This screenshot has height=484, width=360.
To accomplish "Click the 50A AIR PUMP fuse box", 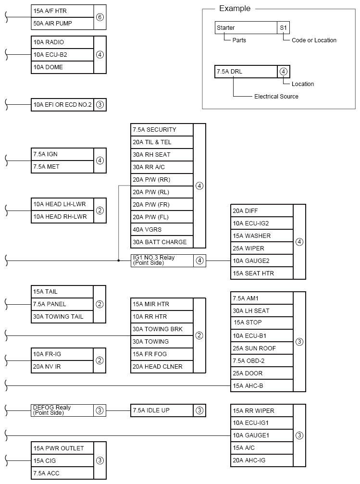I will [62, 23].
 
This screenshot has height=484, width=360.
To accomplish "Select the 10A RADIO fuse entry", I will [62, 42].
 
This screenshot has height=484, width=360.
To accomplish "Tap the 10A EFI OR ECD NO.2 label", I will [62, 104].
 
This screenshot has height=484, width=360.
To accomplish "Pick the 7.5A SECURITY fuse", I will [162, 130].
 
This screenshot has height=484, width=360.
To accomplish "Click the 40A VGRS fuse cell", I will [162, 230].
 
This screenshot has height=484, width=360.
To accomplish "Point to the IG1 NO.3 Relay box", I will [162, 261].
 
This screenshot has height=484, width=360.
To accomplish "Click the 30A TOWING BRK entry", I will [162, 329].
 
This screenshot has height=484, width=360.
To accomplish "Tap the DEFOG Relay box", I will [62, 410].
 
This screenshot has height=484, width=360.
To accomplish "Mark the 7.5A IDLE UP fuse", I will [162, 410].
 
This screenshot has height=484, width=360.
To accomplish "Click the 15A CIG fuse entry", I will [62, 461].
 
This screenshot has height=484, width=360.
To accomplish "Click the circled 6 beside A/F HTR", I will [100, 17].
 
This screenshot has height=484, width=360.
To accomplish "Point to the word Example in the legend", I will [235, 9].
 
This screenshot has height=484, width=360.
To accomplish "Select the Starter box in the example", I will [246, 28].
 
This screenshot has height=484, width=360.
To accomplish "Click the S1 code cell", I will [284, 28].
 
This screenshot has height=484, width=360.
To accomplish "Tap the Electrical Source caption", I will [276, 97].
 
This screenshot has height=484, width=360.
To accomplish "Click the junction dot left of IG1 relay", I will [118, 261].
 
